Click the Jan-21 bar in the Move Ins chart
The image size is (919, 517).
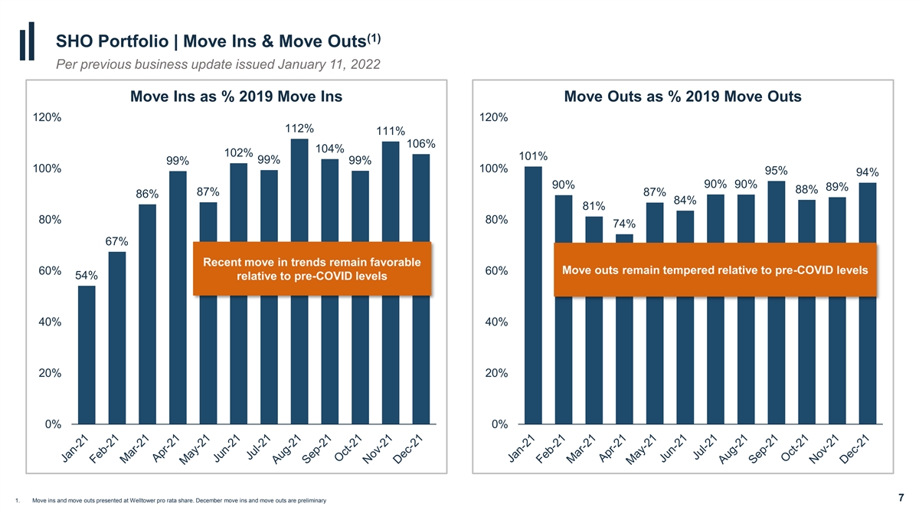tap(87, 355)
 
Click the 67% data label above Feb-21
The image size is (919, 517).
tap(117, 241)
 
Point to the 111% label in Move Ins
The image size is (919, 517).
tap(391, 131)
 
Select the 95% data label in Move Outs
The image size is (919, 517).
tap(777, 171)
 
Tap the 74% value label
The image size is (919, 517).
tap(624, 224)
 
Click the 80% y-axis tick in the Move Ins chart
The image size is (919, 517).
tap(50, 220)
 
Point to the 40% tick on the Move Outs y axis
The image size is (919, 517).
tap(496, 322)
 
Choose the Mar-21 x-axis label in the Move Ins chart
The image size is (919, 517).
tap(134, 450)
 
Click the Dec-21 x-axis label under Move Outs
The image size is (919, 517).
tap(855, 450)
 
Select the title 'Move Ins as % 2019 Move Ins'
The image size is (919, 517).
tap(237, 97)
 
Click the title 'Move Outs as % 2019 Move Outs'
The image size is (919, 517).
tap(682, 97)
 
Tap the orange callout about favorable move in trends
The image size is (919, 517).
tap(312, 269)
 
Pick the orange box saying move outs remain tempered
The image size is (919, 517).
tap(715, 270)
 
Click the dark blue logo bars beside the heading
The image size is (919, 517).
tap(27, 41)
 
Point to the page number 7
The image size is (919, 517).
tap(901, 498)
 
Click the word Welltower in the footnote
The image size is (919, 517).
tap(143, 501)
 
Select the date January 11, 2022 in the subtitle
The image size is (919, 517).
tap(329, 64)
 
